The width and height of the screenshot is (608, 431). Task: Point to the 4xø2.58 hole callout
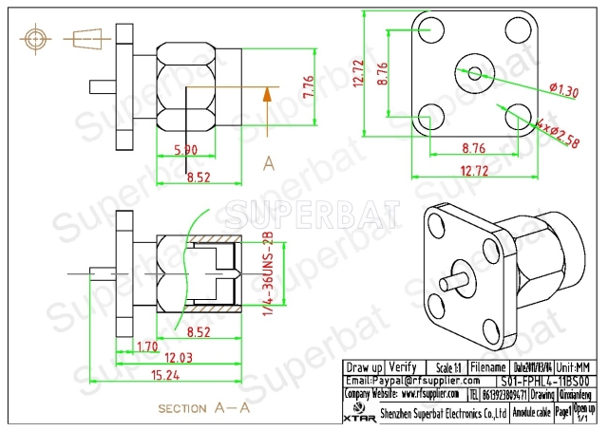(558, 134)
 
